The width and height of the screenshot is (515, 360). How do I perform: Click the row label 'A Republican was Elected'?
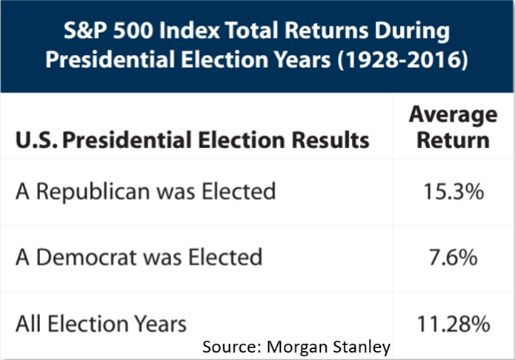pos(146,192)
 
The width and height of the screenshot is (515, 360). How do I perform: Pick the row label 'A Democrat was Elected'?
pos(139,257)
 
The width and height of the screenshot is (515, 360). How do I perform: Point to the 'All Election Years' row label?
pos(102,323)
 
